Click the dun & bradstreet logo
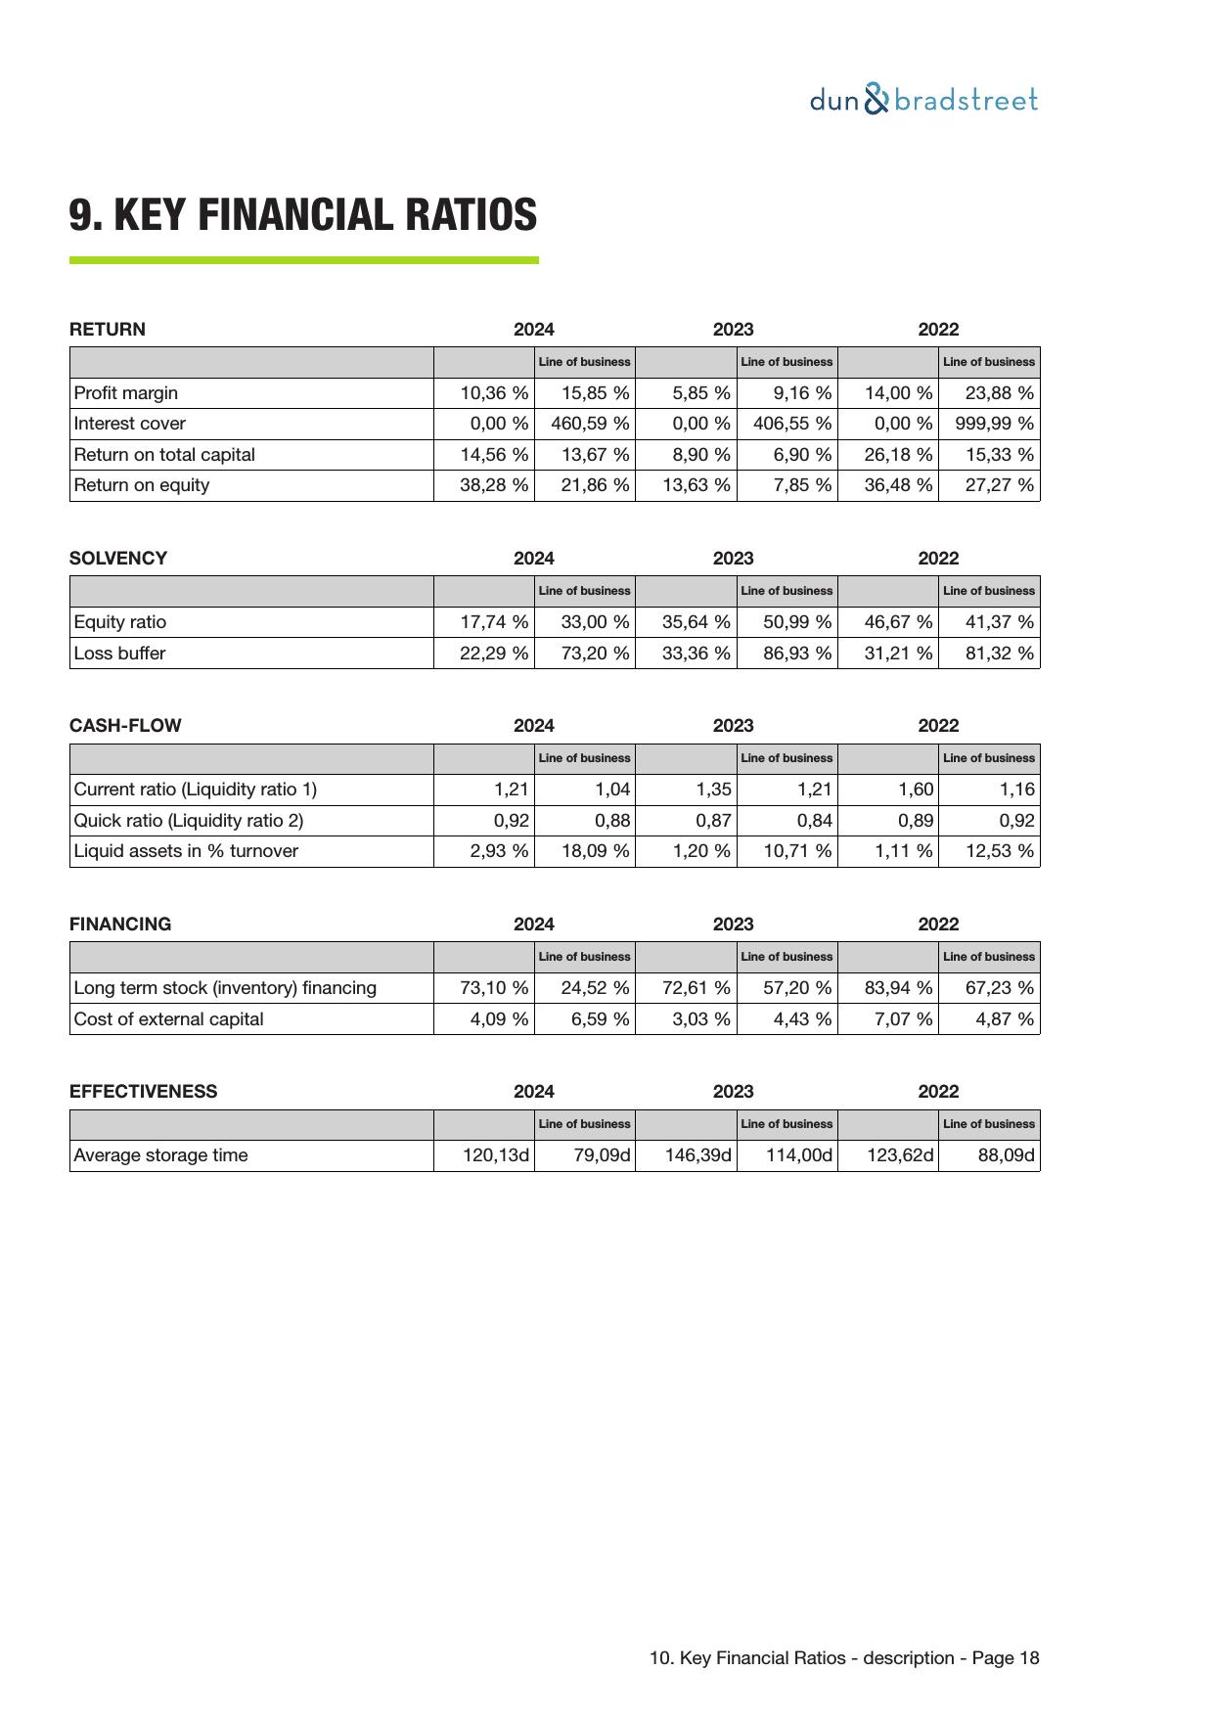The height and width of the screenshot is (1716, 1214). tap(923, 100)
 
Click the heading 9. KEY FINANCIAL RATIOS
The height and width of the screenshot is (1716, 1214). tap(303, 215)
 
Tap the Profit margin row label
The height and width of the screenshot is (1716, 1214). tap(126, 393)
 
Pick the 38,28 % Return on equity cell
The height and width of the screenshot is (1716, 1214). tap(494, 485)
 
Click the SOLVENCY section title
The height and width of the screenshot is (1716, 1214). tap(118, 559)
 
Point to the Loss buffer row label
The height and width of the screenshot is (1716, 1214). tap(120, 654)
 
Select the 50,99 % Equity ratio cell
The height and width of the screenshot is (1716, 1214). tap(797, 622)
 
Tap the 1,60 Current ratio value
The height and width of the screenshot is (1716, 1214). tap(916, 790)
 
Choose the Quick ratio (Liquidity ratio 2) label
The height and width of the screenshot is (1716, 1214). tap(189, 821)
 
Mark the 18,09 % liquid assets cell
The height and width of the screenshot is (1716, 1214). tap(595, 851)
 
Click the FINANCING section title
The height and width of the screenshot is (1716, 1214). tap(120, 925)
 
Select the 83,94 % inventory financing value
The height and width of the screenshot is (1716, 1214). tap(898, 988)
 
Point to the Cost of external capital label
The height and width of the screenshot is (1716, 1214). tap(169, 1019)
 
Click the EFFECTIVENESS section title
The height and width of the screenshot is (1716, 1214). tap(144, 1092)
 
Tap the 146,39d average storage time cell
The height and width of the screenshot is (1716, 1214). tap(697, 1155)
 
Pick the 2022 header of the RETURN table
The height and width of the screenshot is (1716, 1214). tap(938, 330)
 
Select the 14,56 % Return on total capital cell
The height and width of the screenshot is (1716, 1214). tap(494, 455)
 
